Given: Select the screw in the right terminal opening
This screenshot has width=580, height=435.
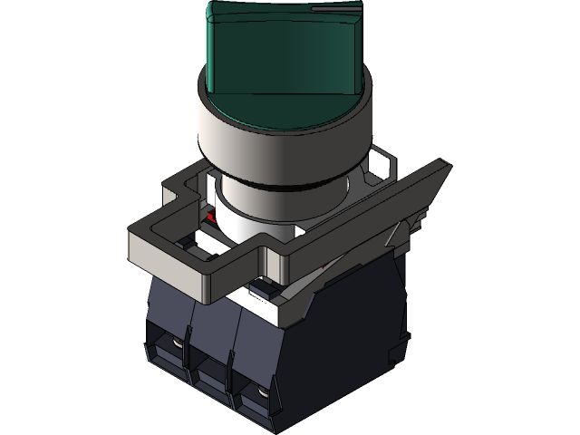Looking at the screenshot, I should click(259, 395).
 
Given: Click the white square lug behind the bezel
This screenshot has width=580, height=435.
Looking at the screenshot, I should click(379, 167).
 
